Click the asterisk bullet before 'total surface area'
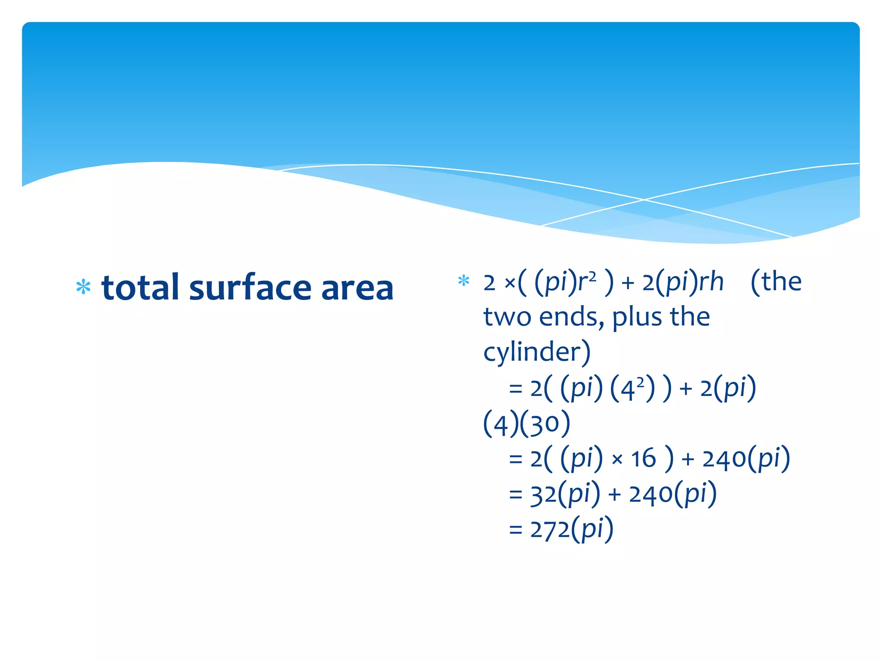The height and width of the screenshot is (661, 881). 83,287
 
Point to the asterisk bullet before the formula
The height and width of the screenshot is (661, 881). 463,281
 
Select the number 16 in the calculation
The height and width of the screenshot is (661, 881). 643,458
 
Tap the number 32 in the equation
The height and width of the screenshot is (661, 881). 543,494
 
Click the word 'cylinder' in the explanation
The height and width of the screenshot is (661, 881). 533,352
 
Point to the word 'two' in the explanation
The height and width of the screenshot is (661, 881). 508,317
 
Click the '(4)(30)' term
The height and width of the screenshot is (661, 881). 527,424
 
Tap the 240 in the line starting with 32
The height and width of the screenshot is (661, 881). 650,494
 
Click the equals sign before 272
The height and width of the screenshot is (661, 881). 515,530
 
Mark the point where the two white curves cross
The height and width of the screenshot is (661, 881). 644,200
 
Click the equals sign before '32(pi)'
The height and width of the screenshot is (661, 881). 515,495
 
